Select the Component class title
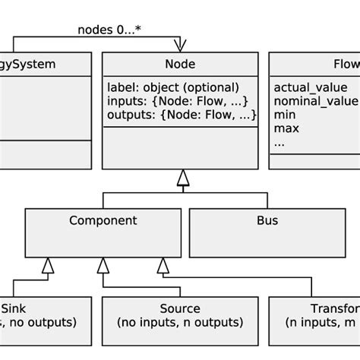tap(103, 221)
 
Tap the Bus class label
tap(267, 221)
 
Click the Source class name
tap(180, 308)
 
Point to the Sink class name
tap(14, 308)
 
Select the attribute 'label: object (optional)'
tap(172, 87)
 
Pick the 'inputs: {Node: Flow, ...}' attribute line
tap(178, 101)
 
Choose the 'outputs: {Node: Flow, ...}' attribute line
tap(181, 115)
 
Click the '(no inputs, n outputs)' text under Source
tap(180, 323)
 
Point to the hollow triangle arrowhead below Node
tap(182, 178)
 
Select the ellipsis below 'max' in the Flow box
tap(279, 142)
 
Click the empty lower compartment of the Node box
tap(180, 147)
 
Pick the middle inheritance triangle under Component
tap(103, 266)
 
